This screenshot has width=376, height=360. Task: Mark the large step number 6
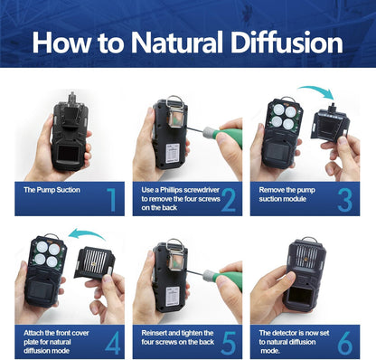(x=346, y=342)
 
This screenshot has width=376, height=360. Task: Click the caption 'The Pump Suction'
(x=52, y=191)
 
